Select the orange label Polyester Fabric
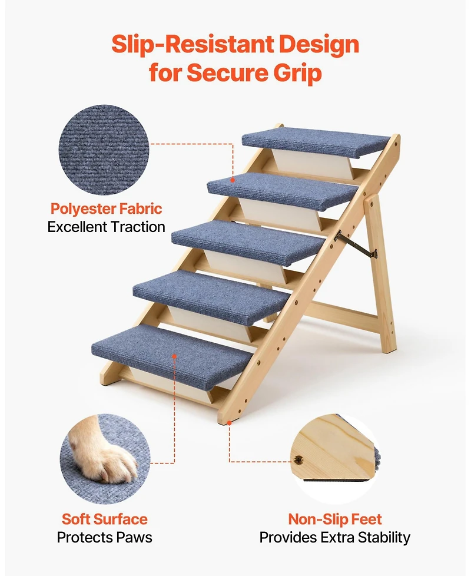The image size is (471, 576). click(106, 208)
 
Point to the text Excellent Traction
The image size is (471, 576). click(106, 227)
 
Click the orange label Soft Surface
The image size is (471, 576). click(105, 519)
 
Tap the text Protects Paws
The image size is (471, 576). click(105, 537)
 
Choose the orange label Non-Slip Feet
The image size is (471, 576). click(335, 519)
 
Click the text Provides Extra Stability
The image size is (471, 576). click(335, 537)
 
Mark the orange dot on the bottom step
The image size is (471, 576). click(175, 356)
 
